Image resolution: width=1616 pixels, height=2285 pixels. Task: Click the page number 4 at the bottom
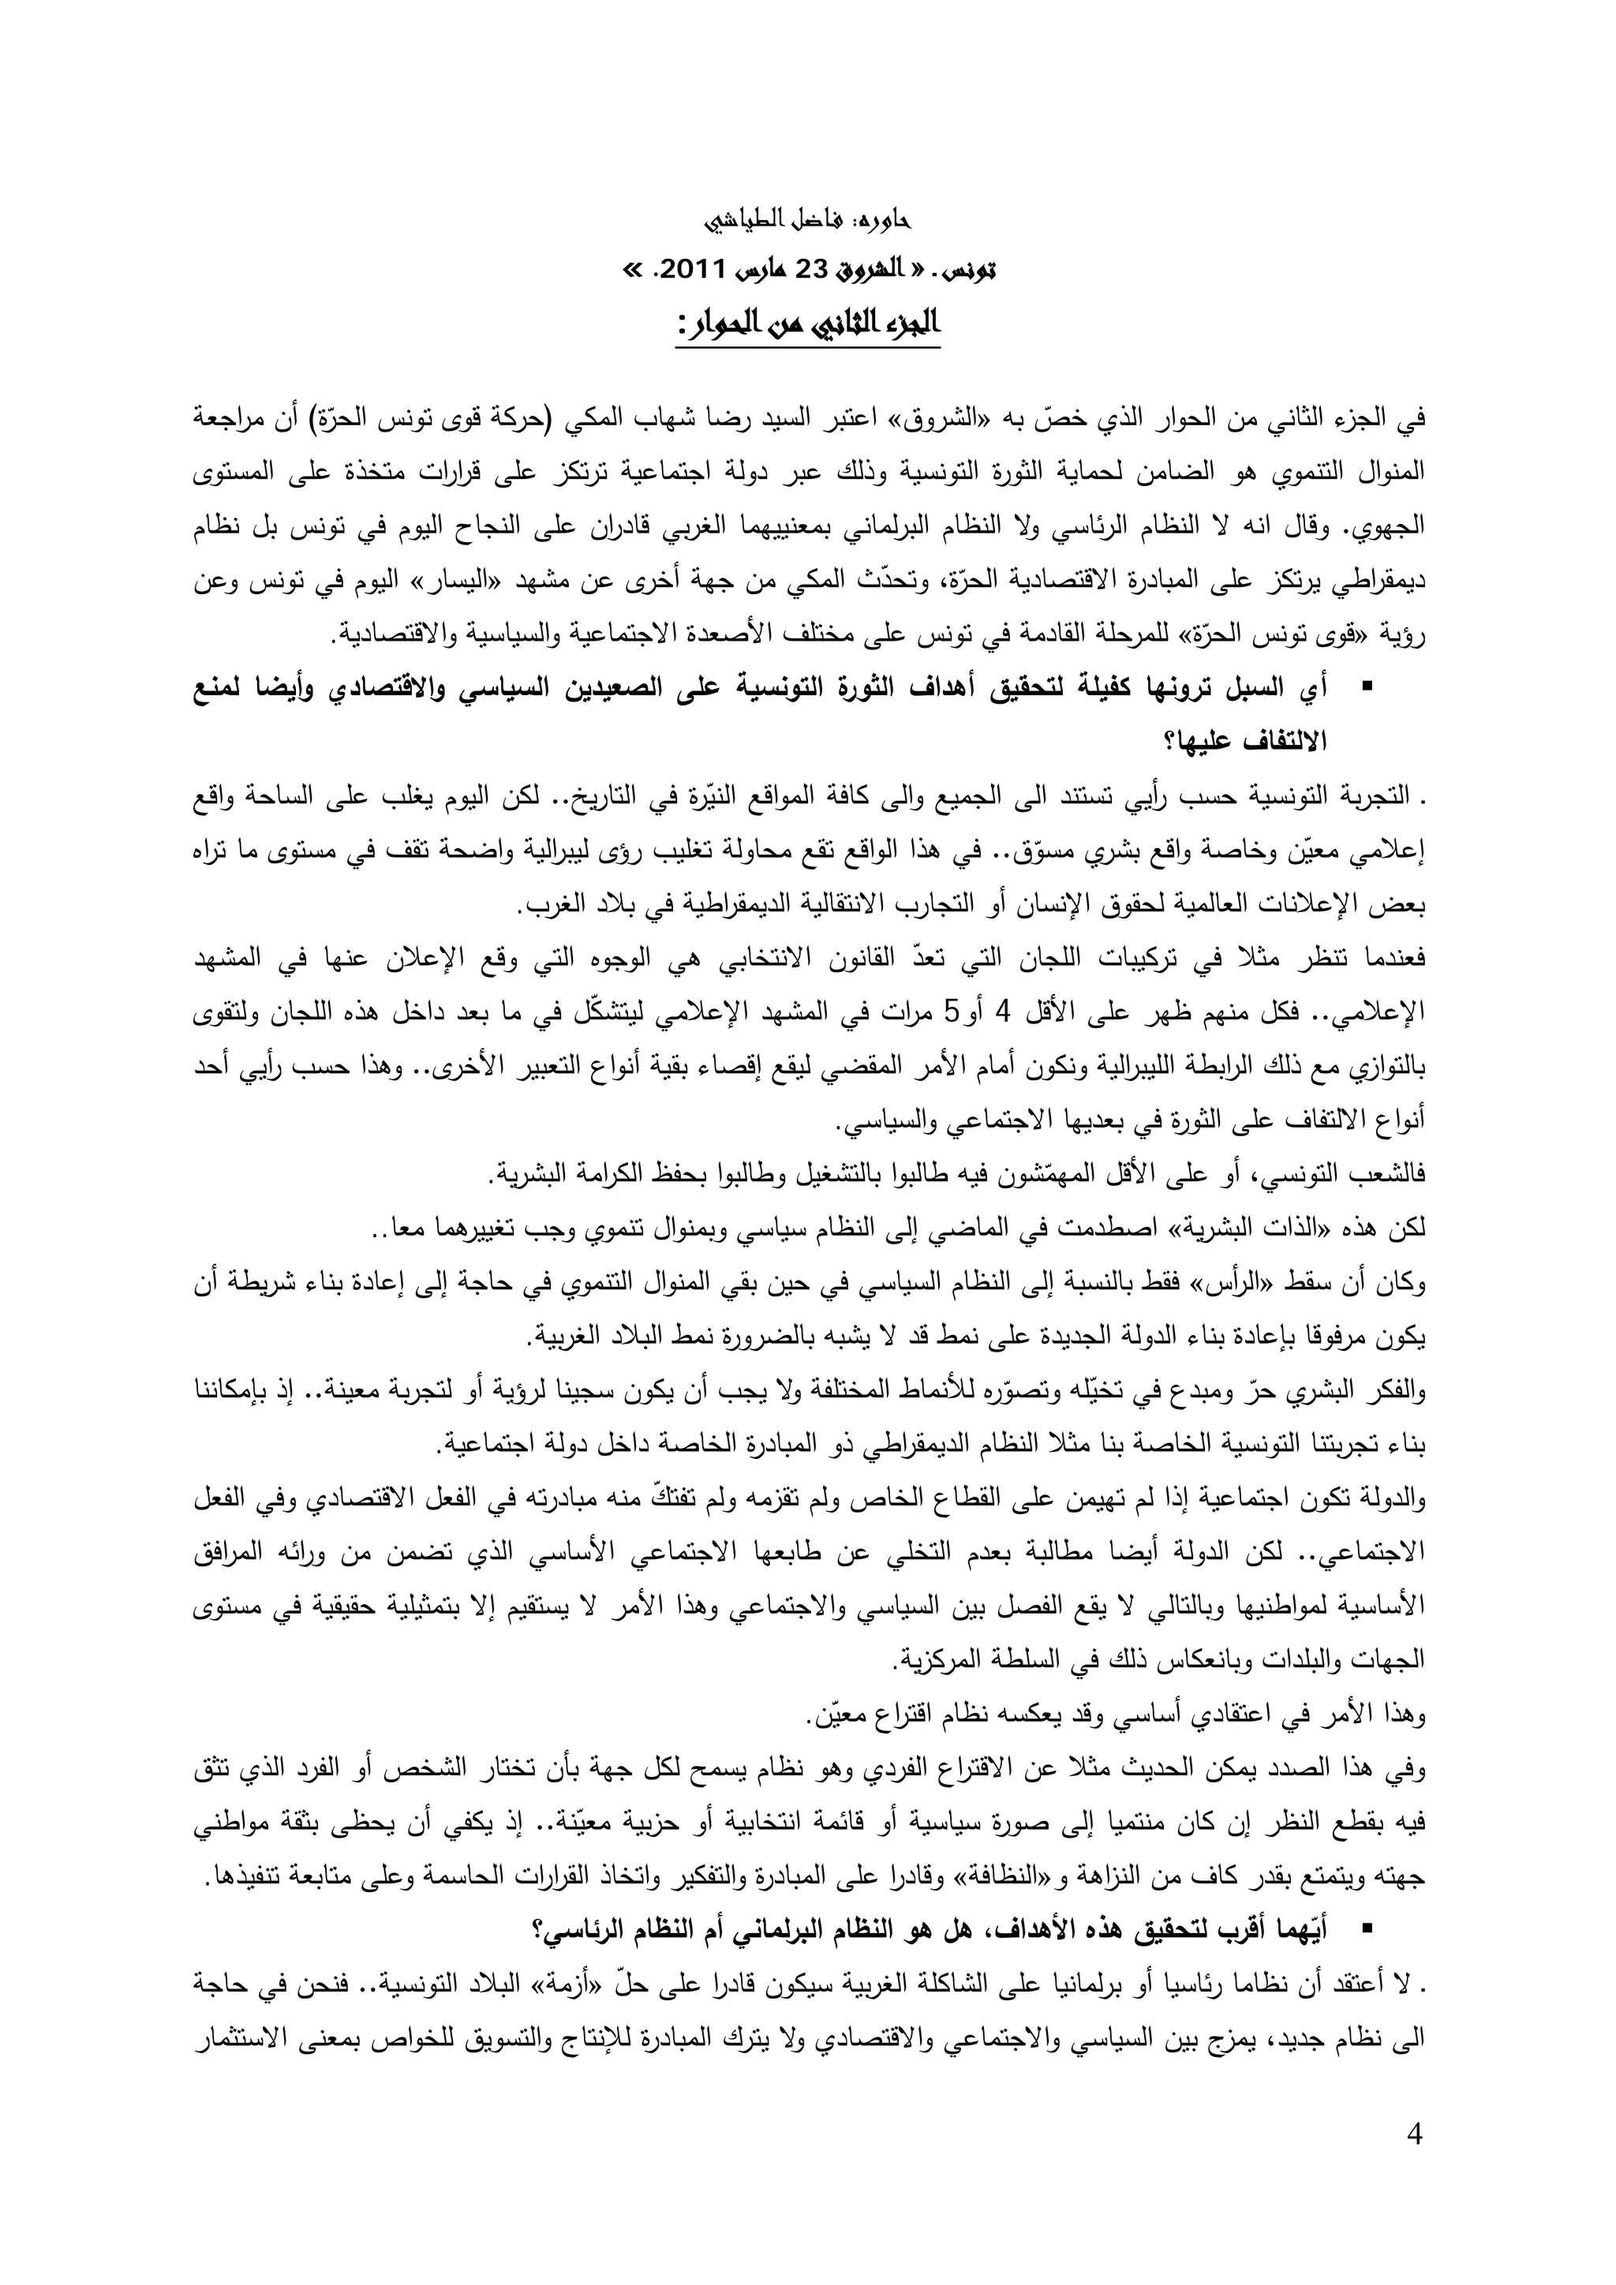point(1415,2160)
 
